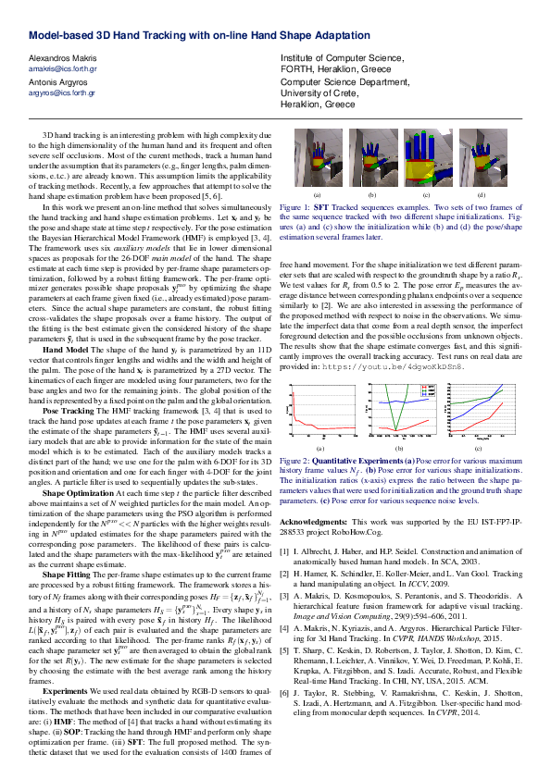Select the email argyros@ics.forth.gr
(62, 93)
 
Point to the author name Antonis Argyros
(58, 82)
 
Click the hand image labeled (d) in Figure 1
(481, 158)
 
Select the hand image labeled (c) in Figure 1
(426, 158)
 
